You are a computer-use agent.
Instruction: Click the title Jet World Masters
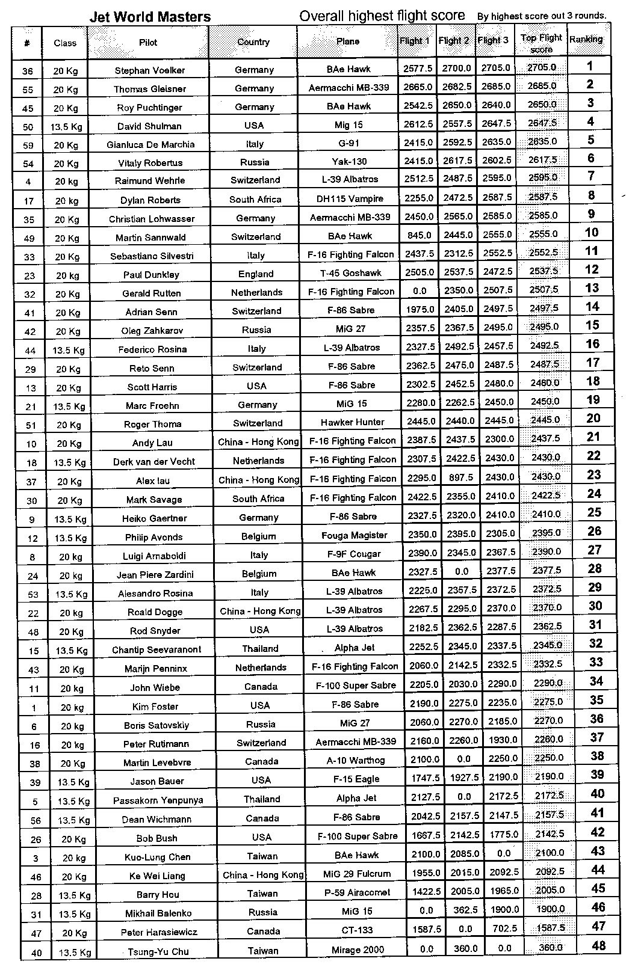click(x=150, y=17)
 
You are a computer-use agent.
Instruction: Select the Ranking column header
click(x=586, y=39)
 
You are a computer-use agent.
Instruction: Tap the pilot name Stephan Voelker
click(x=150, y=70)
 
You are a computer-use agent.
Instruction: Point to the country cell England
click(x=256, y=274)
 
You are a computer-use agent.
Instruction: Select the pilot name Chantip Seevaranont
click(x=156, y=649)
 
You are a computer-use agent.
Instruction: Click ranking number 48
click(x=598, y=945)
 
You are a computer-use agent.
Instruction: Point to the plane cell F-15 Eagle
click(x=356, y=779)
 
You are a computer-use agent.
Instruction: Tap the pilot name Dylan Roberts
click(x=150, y=200)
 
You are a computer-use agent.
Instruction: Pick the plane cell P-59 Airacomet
click(x=357, y=892)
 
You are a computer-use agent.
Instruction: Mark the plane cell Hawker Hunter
click(x=352, y=422)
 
